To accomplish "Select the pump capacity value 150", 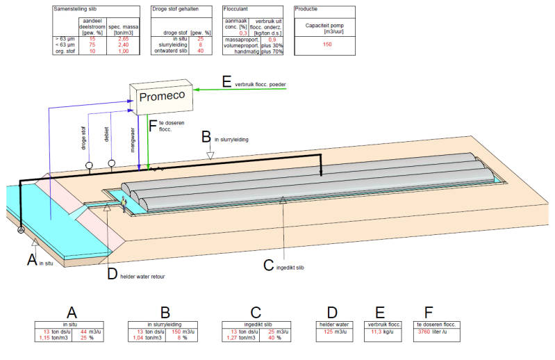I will pos(327,44).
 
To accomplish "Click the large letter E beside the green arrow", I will pos(226,82).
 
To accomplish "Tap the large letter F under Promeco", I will pos(154,125).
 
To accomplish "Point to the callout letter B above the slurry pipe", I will pos(206,136).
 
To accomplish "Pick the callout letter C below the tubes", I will pos(270,263).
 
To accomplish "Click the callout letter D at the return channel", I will pos(113,274).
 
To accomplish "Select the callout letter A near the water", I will pos(31,259).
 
